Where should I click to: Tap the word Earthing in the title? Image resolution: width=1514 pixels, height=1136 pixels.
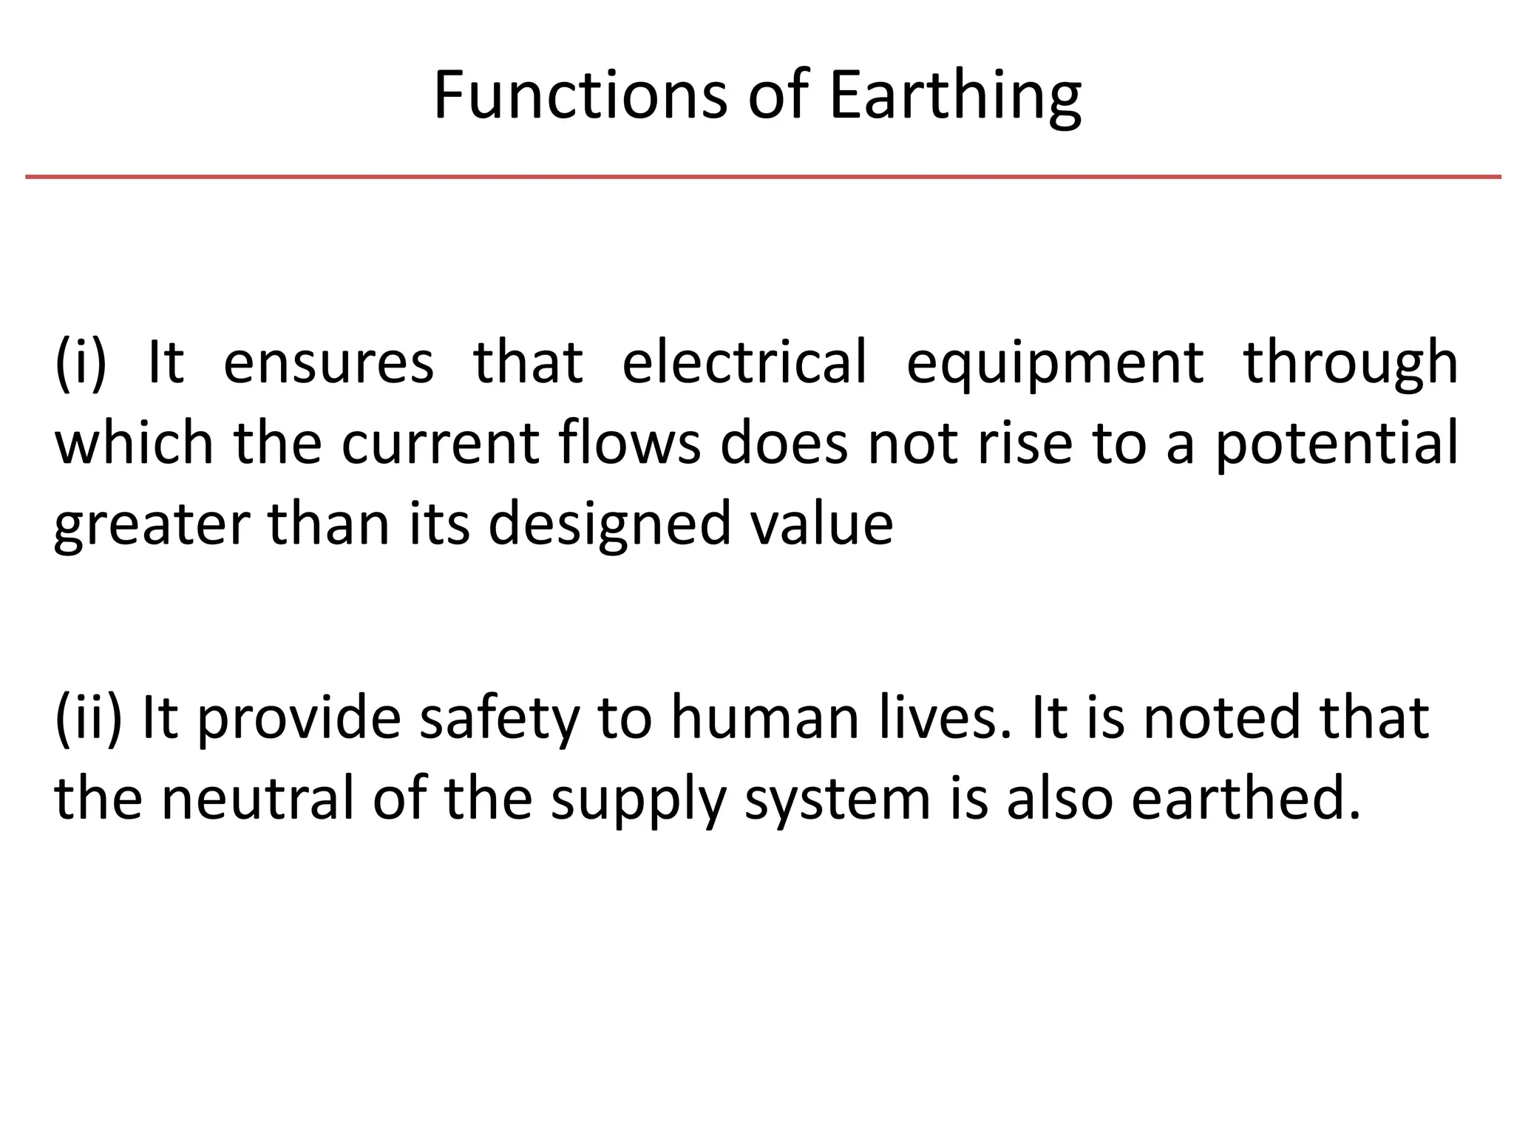coord(954,96)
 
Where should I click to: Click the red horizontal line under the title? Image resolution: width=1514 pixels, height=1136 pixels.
coord(763,177)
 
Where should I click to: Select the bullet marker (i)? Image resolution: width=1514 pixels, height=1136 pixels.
coord(81,362)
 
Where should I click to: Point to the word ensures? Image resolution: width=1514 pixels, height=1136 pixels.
coord(328,362)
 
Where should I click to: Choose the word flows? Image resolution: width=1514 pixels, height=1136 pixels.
coord(630,442)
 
